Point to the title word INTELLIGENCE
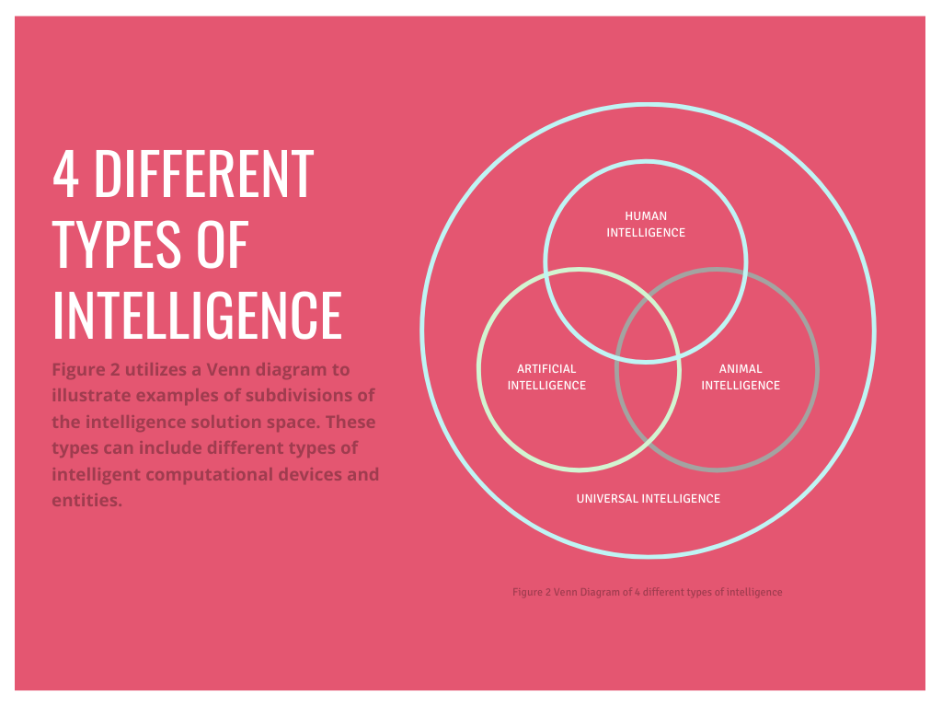197,315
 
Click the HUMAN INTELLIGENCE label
646,225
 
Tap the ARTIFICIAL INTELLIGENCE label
546,377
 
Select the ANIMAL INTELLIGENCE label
741,377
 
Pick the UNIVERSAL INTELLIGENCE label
648,498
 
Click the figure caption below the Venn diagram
647,592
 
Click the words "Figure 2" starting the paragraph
86,370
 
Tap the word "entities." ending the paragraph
86,502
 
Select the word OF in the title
222,244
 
